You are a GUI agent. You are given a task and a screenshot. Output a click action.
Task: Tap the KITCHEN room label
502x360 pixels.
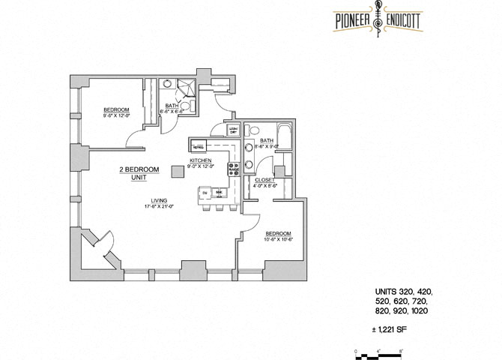coord(199,161)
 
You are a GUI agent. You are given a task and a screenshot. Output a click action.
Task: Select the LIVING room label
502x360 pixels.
coord(157,200)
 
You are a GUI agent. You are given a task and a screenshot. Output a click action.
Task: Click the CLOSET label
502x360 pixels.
coord(264,180)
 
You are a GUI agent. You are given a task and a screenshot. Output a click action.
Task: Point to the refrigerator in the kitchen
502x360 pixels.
coord(199,147)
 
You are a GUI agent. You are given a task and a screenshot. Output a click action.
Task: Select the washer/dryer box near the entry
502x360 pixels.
coord(233,130)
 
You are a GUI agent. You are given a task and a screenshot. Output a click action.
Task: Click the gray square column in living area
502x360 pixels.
coord(177,171)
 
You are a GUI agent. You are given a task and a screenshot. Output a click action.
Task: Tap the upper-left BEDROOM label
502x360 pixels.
coord(116,110)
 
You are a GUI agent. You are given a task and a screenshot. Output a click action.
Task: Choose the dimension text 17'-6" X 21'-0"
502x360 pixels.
coord(157,206)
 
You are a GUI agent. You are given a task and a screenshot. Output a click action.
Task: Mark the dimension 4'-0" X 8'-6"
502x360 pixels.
coord(264,186)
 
